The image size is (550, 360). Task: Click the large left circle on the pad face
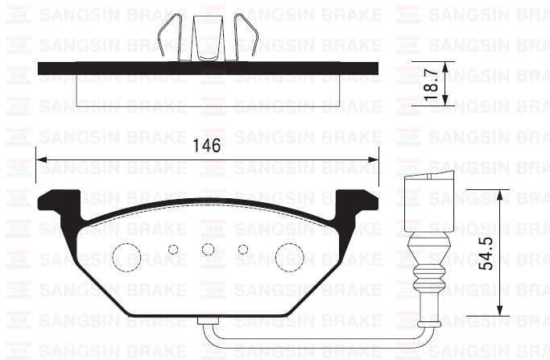[126, 257]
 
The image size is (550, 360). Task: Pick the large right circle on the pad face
[289, 257]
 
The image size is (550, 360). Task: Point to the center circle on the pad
[208, 250]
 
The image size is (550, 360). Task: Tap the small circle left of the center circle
[172, 250]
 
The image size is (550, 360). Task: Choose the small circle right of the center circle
[243, 250]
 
